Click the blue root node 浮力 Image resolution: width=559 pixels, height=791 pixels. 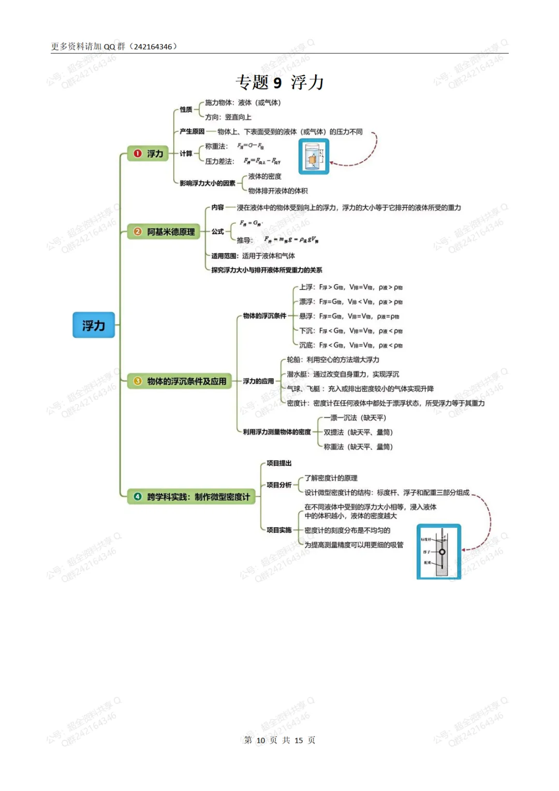click(x=94, y=325)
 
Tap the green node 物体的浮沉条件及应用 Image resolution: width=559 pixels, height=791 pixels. click(x=180, y=381)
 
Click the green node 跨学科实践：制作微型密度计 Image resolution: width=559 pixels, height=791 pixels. click(x=192, y=497)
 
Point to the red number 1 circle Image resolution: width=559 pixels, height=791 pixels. click(x=138, y=153)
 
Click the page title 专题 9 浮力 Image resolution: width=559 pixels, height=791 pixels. click(x=279, y=82)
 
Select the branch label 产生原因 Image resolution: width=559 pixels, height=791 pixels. click(x=192, y=132)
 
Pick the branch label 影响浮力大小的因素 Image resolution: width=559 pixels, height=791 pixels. click(x=208, y=183)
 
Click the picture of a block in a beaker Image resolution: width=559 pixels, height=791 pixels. click(x=314, y=156)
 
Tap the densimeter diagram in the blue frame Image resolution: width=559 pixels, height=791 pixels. click(x=438, y=552)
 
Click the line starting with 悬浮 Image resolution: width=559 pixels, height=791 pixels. click(x=349, y=316)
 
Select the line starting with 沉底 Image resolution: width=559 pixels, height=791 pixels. click(x=351, y=345)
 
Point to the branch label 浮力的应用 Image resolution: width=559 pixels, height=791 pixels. click(x=258, y=381)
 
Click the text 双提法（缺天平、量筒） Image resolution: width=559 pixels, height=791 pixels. click(x=358, y=432)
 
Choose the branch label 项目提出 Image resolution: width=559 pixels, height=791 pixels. click(x=279, y=463)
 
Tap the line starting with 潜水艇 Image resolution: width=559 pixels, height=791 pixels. click(x=343, y=374)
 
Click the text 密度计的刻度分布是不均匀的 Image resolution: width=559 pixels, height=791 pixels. click(x=347, y=530)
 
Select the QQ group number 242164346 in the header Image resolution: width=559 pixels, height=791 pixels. click(x=153, y=47)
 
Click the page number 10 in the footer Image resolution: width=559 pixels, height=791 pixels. click(x=260, y=740)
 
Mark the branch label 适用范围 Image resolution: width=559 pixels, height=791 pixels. click(x=224, y=256)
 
